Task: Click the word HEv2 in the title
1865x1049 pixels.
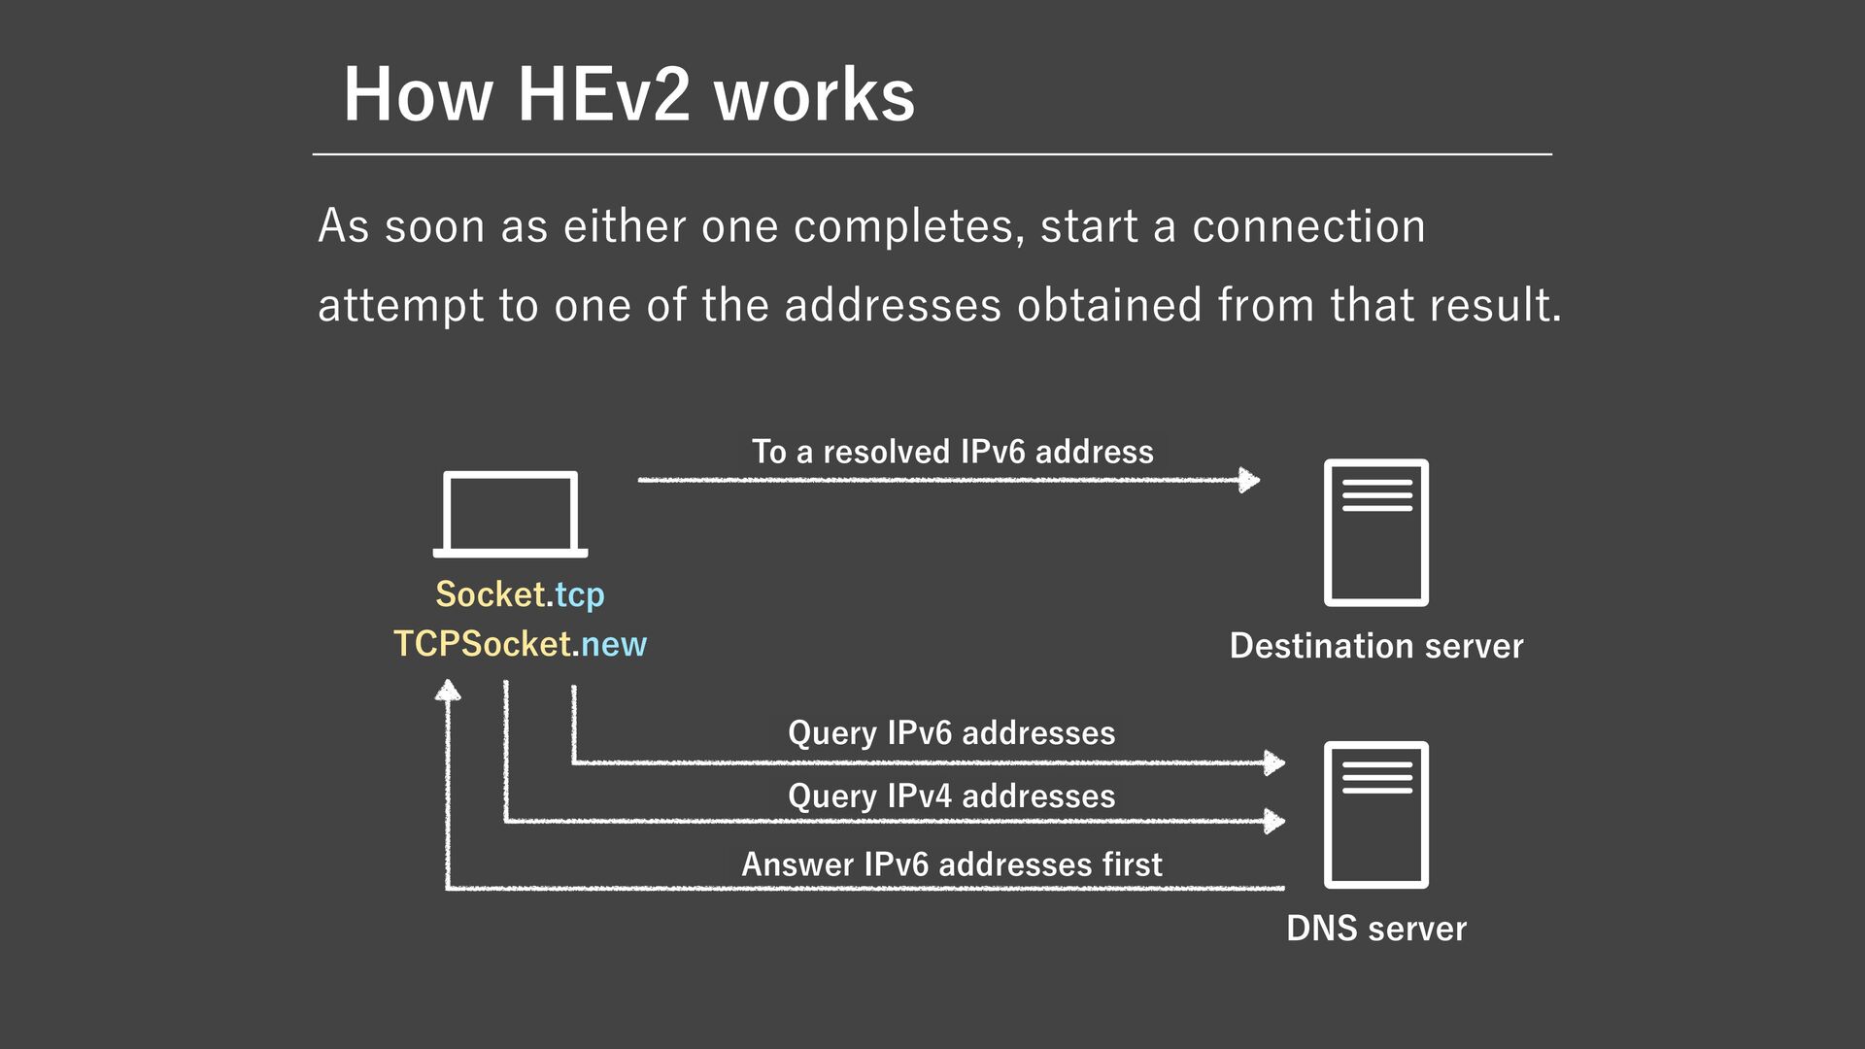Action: click(x=603, y=95)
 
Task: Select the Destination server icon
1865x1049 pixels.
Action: click(x=1375, y=532)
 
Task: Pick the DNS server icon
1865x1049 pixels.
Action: click(x=1375, y=814)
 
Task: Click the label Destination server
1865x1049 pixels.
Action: click(x=1375, y=646)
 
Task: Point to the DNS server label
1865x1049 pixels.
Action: click(x=1375, y=929)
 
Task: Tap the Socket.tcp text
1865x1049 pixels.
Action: click(x=520, y=594)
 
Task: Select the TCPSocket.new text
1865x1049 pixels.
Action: click(x=520, y=644)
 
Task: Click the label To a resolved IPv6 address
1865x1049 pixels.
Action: click(x=952, y=452)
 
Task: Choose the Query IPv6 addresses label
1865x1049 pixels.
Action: click(x=952, y=732)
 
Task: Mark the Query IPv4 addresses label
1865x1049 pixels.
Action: click(x=952, y=795)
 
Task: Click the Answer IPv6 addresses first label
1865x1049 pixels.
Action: click(x=952, y=864)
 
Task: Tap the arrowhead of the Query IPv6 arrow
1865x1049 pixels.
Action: click(x=1274, y=762)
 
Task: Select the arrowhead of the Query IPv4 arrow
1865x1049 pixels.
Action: click(x=1274, y=821)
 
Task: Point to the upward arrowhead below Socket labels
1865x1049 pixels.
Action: click(x=448, y=691)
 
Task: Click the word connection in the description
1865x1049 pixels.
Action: click(x=1308, y=226)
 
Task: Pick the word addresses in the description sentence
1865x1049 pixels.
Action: click(x=892, y=305)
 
